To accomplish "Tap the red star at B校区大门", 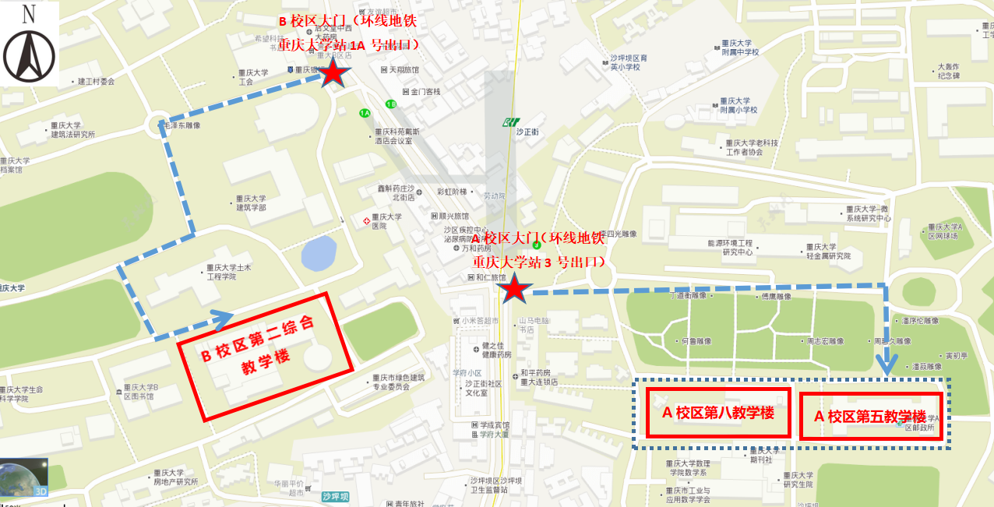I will (x=333, y=72).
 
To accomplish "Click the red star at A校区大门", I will (x=514, y=290).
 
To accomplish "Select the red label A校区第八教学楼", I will (x=718, y=413).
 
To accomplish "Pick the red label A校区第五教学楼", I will (x=870, y=416).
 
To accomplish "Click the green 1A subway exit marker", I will (x=365, y=114).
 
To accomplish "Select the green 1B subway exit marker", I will (x=391, y=104).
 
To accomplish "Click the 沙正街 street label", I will (x=527, y=132).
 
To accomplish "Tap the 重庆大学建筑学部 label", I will (x=252, y=203).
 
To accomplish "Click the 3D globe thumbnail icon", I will (x=24, y=479).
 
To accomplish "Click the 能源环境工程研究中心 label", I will (x=730, y=248).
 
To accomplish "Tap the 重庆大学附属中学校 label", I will (x=739, y=48).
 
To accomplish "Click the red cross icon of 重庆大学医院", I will (x=366, y=221).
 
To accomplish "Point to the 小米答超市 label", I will (x=479, y=320).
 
